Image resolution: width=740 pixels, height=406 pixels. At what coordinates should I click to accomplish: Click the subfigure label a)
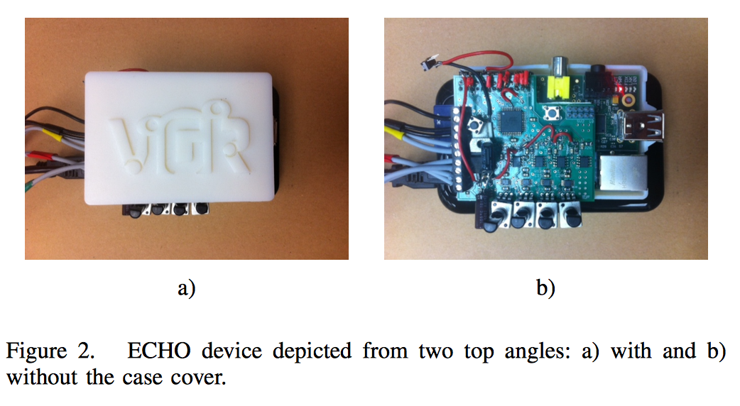(186, 287)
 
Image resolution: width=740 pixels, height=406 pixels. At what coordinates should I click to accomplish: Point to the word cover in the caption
(196, 377)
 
